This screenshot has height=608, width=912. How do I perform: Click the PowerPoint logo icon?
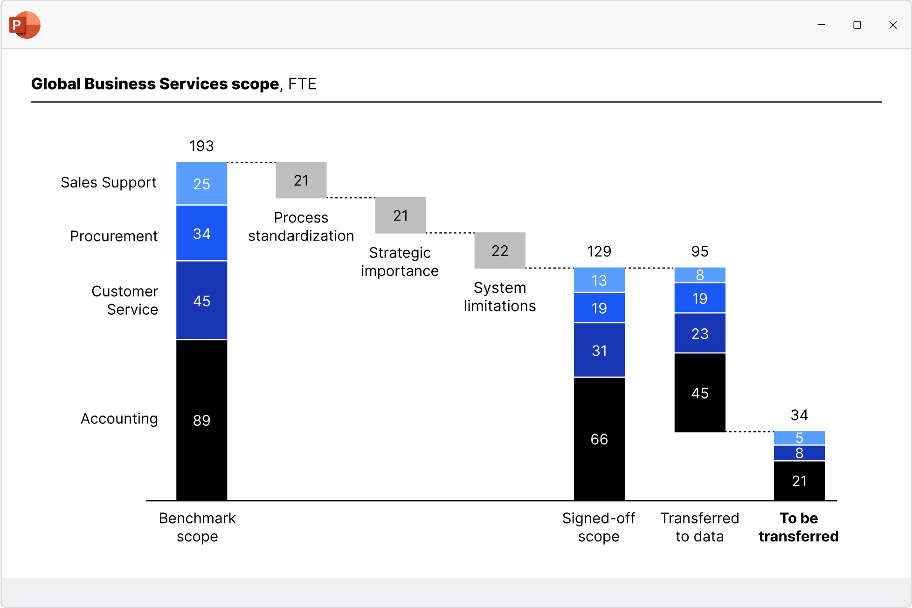[x=25, y=25]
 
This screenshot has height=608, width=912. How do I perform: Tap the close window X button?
[x=893, y=25]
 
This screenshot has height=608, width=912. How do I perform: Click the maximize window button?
[x=857, y=25]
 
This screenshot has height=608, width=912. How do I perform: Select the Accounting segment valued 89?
[x=201, y=420]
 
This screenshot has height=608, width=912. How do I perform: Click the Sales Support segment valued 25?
[x=201, y=184]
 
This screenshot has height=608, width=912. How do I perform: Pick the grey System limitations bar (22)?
[x=500, y=251]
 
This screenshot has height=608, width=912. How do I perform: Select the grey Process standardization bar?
[x=301, y=180]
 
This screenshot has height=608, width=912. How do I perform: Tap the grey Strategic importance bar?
[x=401, y=215]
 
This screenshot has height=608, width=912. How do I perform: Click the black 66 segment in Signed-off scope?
[x=599, y=439]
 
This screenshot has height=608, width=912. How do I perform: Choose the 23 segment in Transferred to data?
[x=700, y=333]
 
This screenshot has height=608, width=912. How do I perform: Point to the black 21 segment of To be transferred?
[x=799, y=481]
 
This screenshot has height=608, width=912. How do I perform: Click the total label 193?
[x=201, y=146]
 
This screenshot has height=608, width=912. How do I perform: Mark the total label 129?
[x=599, y=252]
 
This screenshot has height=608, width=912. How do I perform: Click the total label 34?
[x=799, y=415]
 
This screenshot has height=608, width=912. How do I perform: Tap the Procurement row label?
[x=114, y=236]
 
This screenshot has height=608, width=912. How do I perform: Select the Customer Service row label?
[x=125, y=300]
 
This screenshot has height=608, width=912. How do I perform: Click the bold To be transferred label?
[x=799, y=527]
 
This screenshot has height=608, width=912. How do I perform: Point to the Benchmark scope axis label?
[x=197, y=527]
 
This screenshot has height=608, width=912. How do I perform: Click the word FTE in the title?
[x=302, y=84]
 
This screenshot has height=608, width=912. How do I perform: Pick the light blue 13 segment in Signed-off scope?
[x=599, y=280]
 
